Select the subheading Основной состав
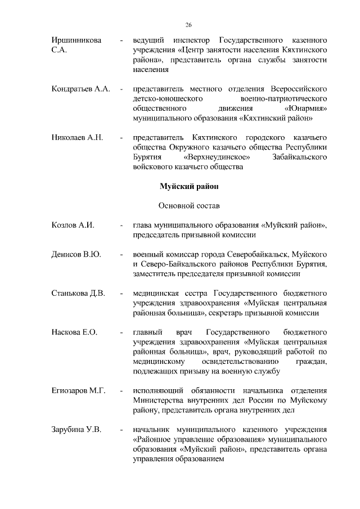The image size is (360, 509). pos(186,205)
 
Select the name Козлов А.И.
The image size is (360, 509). pos(71,226)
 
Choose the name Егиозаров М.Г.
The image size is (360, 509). pos(78,391)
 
